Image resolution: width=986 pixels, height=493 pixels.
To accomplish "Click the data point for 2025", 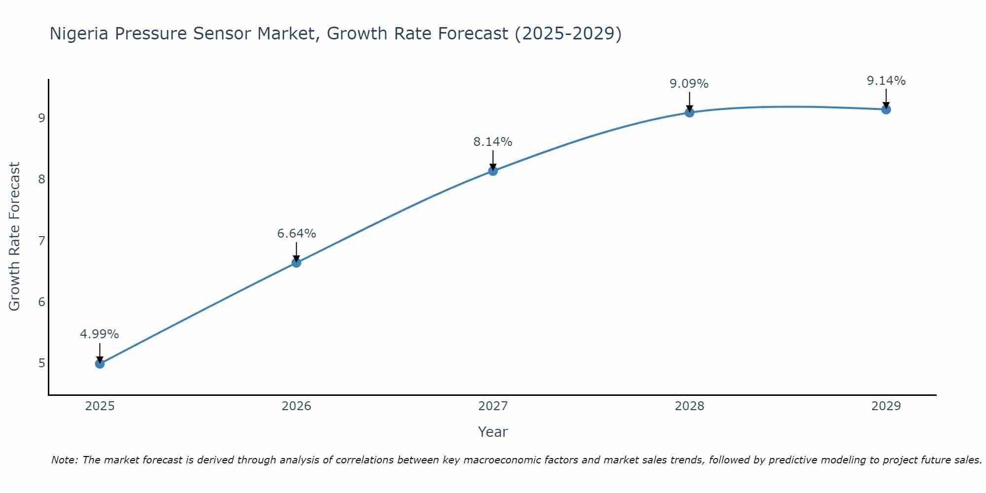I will coord(100,364).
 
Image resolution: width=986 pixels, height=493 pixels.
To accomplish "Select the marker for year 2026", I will coord(296,263).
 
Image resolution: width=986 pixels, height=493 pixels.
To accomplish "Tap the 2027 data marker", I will coord(493,171).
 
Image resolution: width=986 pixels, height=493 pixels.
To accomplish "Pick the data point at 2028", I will coord(689,112).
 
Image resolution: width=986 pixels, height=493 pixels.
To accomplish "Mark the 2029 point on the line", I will coord(886,109).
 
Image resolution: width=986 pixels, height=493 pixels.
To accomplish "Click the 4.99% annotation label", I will coord(100,334).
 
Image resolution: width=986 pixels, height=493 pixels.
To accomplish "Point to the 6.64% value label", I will coord(296,234).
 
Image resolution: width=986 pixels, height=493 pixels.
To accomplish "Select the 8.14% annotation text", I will coord(493,142).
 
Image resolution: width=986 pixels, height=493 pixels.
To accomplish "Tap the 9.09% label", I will coord(689,84).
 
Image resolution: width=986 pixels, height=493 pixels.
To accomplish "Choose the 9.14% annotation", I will coord(886,81).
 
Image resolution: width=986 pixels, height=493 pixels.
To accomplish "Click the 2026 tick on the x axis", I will coord(296,406).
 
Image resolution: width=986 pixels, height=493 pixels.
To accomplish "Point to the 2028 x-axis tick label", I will coord(689,406).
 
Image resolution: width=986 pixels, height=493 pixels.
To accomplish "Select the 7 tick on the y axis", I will coord(41,241).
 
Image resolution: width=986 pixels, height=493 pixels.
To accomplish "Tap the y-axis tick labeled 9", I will coord(41,118).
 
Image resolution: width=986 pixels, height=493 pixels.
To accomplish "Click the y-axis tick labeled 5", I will coord(41,363).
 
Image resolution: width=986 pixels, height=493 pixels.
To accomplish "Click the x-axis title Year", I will coord(493,432).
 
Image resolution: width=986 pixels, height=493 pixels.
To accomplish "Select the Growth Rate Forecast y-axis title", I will coord(15,237).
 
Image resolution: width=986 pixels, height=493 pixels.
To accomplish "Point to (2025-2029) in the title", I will coord(568,34).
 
